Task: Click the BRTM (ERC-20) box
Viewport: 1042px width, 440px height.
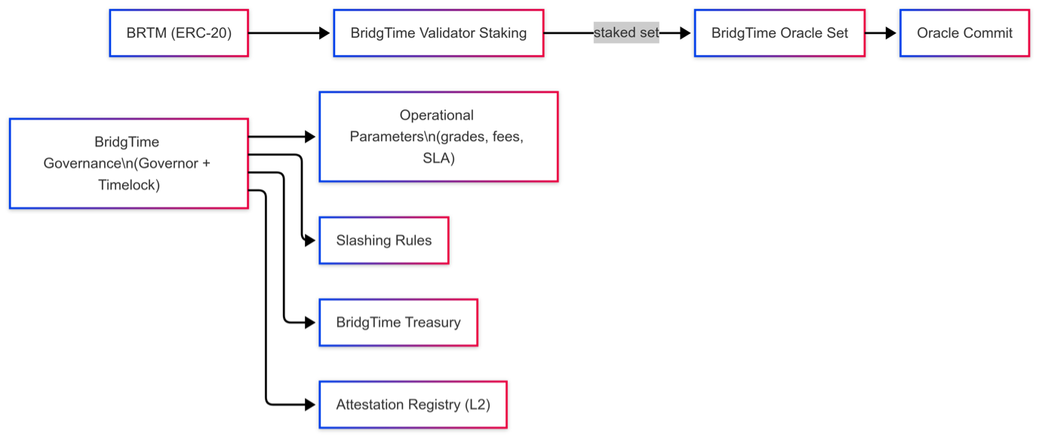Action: (x=178, y=33)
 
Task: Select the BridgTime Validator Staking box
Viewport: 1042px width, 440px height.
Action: (x=438, y=33)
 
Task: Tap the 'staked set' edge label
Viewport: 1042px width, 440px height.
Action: (x=626, y=33)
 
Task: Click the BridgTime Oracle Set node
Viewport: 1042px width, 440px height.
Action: (x=779, y=33)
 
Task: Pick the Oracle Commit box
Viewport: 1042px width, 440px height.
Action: (x=964, y=33)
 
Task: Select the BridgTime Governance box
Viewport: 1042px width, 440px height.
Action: (x=128, y=163)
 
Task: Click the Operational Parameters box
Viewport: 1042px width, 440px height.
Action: (x=438, y=137)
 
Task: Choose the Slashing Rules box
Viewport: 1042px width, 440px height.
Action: (x=384, y=241)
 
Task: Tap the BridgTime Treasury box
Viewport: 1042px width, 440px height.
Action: (x=398, y=322)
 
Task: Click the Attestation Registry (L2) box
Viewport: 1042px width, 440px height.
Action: (x=413, y=405)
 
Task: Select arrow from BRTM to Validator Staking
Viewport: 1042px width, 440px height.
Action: (x=287, y=33)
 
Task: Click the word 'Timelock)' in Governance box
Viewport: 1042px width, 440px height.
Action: (x=128, y=184)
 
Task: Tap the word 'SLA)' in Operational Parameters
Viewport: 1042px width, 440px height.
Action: (x=438, y=158)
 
